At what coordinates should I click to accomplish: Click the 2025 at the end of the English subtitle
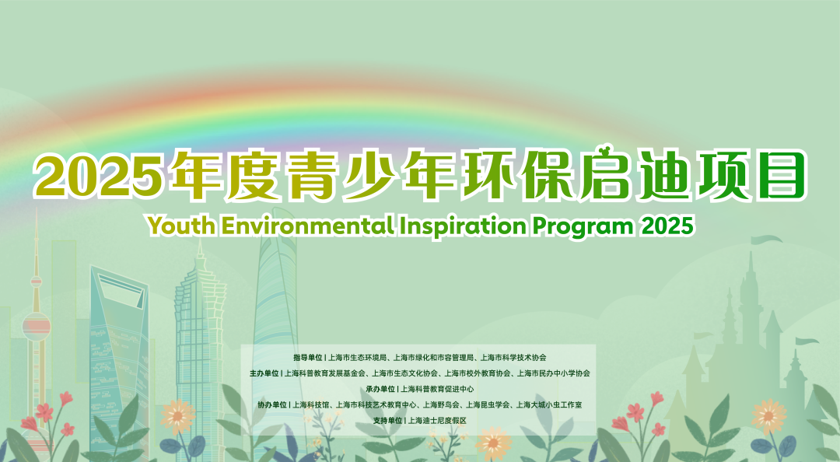point(667,226)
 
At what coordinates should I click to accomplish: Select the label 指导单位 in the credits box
point(307,358)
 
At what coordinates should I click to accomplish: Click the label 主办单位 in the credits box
point(264,373)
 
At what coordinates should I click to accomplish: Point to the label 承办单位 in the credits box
point(380,389)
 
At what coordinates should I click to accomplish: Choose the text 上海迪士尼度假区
point(437,421)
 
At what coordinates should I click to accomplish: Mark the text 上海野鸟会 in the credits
point(441,404)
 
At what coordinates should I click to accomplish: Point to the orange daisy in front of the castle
point(768,416)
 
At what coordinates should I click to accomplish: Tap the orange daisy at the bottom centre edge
point(494,444)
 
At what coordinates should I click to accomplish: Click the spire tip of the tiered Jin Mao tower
point(200,240)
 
